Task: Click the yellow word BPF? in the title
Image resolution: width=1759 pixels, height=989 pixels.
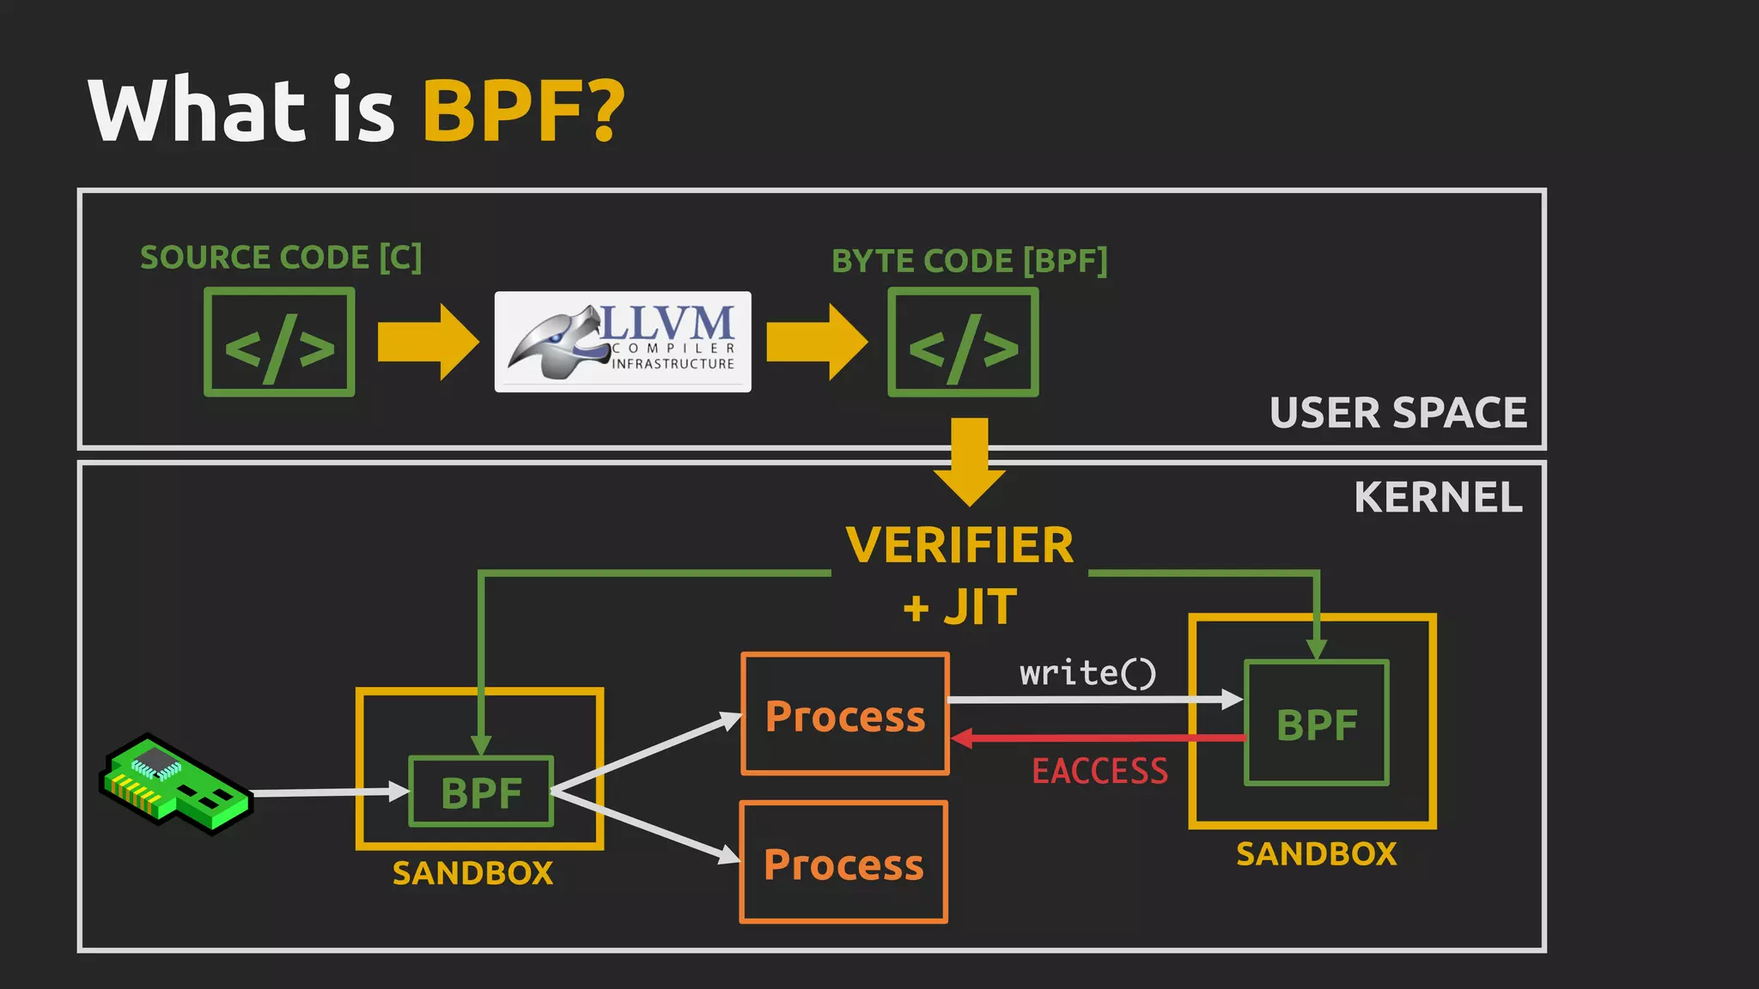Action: point(523,112)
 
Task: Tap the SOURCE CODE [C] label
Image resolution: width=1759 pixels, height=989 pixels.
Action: point(281,258)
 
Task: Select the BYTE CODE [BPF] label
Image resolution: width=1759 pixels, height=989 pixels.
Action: point(969,261)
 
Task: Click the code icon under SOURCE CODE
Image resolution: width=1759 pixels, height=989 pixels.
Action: point(279,343)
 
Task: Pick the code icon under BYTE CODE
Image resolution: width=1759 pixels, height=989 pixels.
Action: point(963,343)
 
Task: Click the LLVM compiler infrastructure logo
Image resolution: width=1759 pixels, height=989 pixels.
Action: point(623,342)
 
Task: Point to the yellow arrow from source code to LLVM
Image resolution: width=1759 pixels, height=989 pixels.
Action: point(427,342)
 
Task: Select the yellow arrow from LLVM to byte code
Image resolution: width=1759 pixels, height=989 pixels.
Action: point(816,342)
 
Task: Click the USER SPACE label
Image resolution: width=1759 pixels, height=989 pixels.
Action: point(1397,413)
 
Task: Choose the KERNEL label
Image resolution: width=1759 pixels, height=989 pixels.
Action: point(1438,498)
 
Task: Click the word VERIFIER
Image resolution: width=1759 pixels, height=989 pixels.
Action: point(959,546)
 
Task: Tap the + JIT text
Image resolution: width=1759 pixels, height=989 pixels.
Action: point(959,608)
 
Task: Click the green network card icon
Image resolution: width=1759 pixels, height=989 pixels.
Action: point(176,784)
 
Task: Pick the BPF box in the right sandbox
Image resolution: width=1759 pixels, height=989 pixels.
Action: point(1317,724)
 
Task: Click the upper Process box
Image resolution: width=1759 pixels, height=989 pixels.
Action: point(845,715)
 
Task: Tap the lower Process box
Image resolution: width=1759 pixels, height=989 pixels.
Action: point(843,863)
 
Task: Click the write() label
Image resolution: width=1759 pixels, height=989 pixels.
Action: point(1087,673)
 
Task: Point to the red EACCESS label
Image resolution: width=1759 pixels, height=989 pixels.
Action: point(1099,771)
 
